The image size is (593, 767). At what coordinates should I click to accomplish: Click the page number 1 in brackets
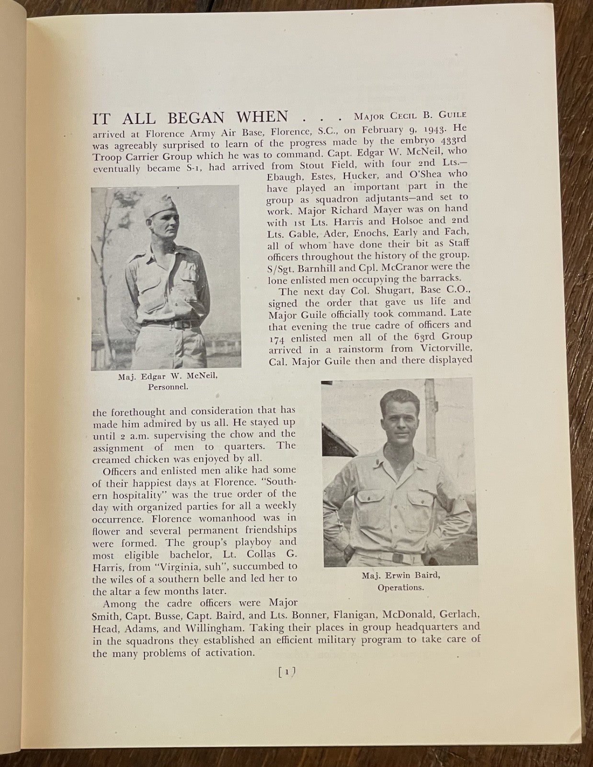coord(286,672)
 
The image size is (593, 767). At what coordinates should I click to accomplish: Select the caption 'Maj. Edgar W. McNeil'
coord(168,376)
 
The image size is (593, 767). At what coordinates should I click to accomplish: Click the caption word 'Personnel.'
coord(167,387)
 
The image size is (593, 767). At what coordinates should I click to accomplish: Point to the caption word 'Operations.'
coord(400,587)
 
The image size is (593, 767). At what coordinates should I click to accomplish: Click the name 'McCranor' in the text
coord(393,267)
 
